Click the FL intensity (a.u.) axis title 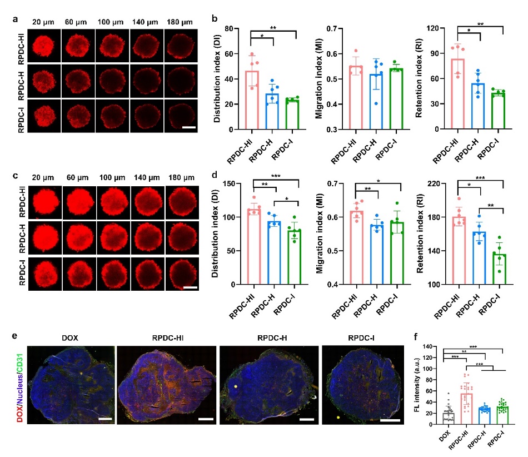(x=419, y=386)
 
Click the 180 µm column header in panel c (x=179, y=178)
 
